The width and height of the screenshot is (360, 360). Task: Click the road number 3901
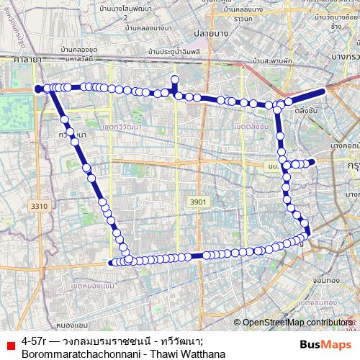(197, 202)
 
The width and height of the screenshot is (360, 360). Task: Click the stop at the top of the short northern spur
(174, 78)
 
